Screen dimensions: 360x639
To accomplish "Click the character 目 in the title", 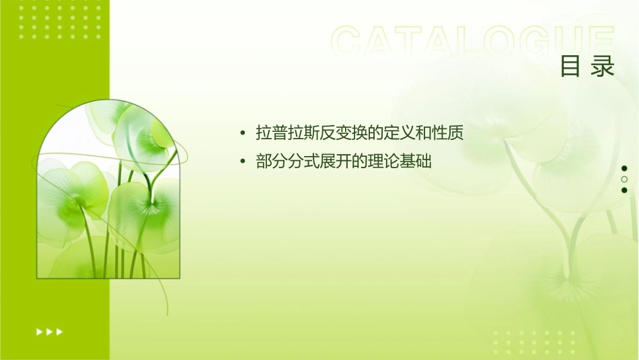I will point(571,67).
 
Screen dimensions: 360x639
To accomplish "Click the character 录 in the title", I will point(603,67).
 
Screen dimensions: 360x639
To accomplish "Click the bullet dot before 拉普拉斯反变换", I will point(243,133).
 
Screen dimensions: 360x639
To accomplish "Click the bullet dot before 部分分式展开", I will point(243,162).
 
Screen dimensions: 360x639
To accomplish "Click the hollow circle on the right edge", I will point(624,179).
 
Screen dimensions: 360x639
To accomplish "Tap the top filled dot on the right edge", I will point(624,168).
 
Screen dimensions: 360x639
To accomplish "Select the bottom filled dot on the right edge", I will point(624,190).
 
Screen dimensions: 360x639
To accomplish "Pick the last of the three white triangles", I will point(60,331).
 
